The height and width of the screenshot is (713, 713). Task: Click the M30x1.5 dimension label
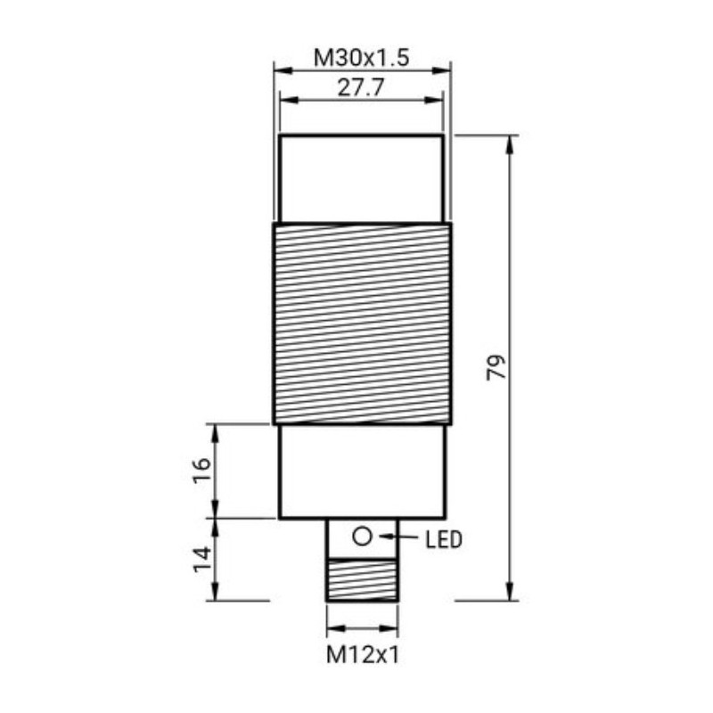pyautogui.click(x=360, y=58)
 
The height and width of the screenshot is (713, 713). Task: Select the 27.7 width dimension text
pyautogui.click(x=360, y=89)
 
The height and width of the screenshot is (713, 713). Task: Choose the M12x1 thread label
pyautogui.click(x=362, y=656)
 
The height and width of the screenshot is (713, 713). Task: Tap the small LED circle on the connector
pyautogui.click(x=362, y=537)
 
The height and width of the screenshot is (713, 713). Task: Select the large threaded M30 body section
pyautogui.click(x=361, y=323)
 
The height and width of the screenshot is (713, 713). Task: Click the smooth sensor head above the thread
pyautogui.click(x=361, y=178)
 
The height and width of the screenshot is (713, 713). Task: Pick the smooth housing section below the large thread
pyautogui.click(x=361, y=471)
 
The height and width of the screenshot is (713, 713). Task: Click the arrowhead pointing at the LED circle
pyautogui.click(x=384, y=537)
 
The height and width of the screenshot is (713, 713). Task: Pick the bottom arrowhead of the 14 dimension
pyautogui.click(x=215, y=594)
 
